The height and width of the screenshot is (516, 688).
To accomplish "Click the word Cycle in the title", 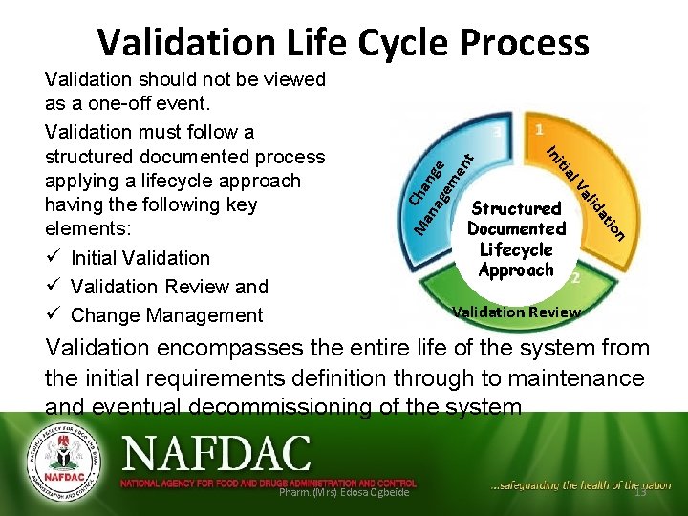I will pos(401,42).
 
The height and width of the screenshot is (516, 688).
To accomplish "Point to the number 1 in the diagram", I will pos(541,130).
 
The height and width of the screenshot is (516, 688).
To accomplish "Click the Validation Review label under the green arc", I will pos(515,312).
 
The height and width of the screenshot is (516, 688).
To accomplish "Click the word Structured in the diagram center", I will pos(517,208).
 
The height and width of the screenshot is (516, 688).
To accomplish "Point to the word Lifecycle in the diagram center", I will pos(516,249).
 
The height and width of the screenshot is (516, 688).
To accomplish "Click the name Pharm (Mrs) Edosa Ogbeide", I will pos(343,491).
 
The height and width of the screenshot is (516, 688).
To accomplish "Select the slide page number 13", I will pos(639,491).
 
